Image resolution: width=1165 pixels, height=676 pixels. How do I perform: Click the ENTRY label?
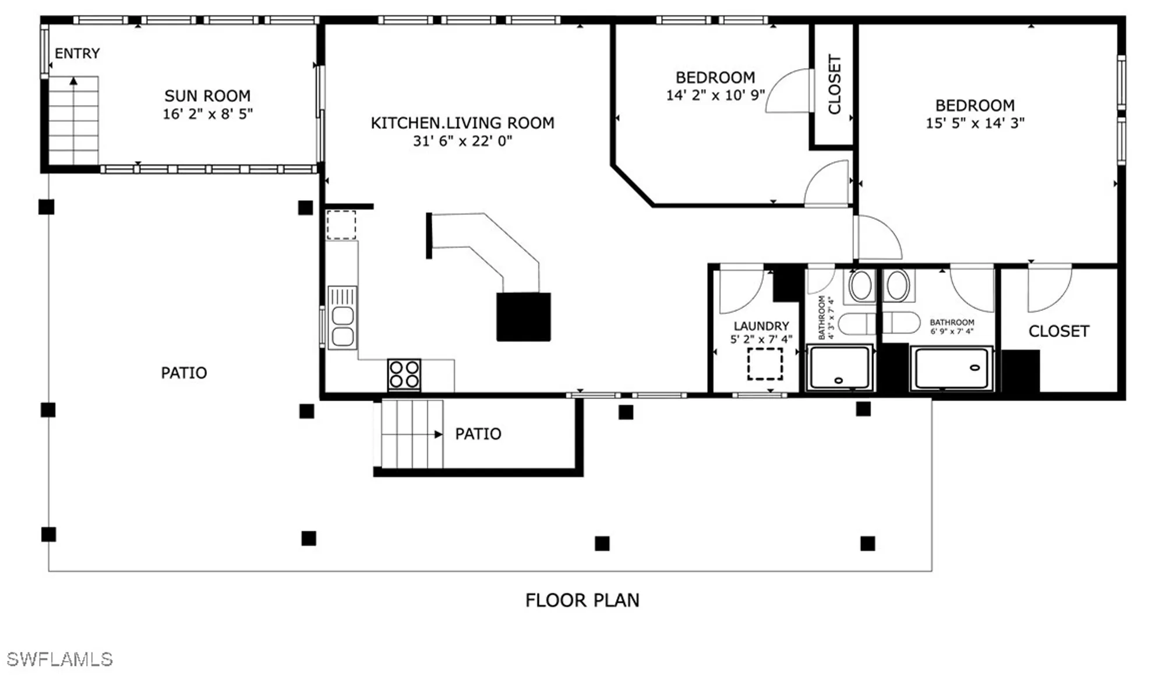pos(77,54)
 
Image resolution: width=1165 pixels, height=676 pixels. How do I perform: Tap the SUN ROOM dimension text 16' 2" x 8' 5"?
pos(207,114)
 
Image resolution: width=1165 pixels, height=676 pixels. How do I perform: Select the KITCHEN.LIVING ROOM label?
pos(463,123)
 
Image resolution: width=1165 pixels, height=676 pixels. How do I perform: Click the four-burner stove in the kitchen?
pos(404,374)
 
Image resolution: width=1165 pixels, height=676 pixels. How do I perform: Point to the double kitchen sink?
pos(343,318)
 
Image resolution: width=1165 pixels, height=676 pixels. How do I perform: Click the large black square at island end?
pos(523,317)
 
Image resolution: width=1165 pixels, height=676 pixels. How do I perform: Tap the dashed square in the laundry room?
pos(765,364)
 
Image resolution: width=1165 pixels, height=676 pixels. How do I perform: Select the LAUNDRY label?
pos(761,326)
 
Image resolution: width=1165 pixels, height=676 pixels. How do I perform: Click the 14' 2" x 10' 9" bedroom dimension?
pos(715,95)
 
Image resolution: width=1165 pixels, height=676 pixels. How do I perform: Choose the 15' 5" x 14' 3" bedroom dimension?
pos(975,123)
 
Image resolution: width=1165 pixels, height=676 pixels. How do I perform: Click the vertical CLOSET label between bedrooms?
pos(834,84)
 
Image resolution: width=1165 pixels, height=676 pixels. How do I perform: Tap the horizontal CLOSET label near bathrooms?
pos(1058,331)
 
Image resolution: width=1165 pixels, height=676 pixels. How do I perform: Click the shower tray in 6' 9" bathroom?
pos(951,369)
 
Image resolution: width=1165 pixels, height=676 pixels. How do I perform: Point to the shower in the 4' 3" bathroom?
pos(839,367)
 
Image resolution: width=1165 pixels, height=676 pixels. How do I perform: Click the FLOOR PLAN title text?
pos(582,600)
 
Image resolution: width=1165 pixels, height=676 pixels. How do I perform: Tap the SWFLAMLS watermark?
pos(59,659)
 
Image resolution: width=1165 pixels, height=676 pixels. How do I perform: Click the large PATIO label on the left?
pos(183,373)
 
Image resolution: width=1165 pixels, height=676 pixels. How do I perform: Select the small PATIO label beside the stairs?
pos(478,434)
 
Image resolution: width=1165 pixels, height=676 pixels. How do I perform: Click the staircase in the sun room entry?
pos(73,121)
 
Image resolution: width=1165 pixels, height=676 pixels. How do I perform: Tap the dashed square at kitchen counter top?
pos(341,225)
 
